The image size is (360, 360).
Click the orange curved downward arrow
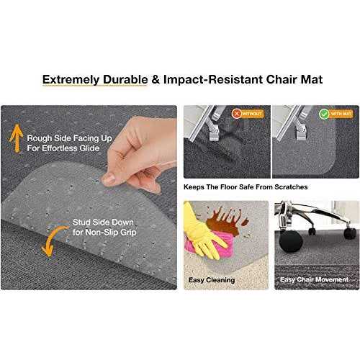pyautogui.click(x=50, y=240)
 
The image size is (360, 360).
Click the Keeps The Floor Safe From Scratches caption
pyautogui.click(x=246, y=187)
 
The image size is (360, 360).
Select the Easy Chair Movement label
pyautogui.click(x=315, y=279)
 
